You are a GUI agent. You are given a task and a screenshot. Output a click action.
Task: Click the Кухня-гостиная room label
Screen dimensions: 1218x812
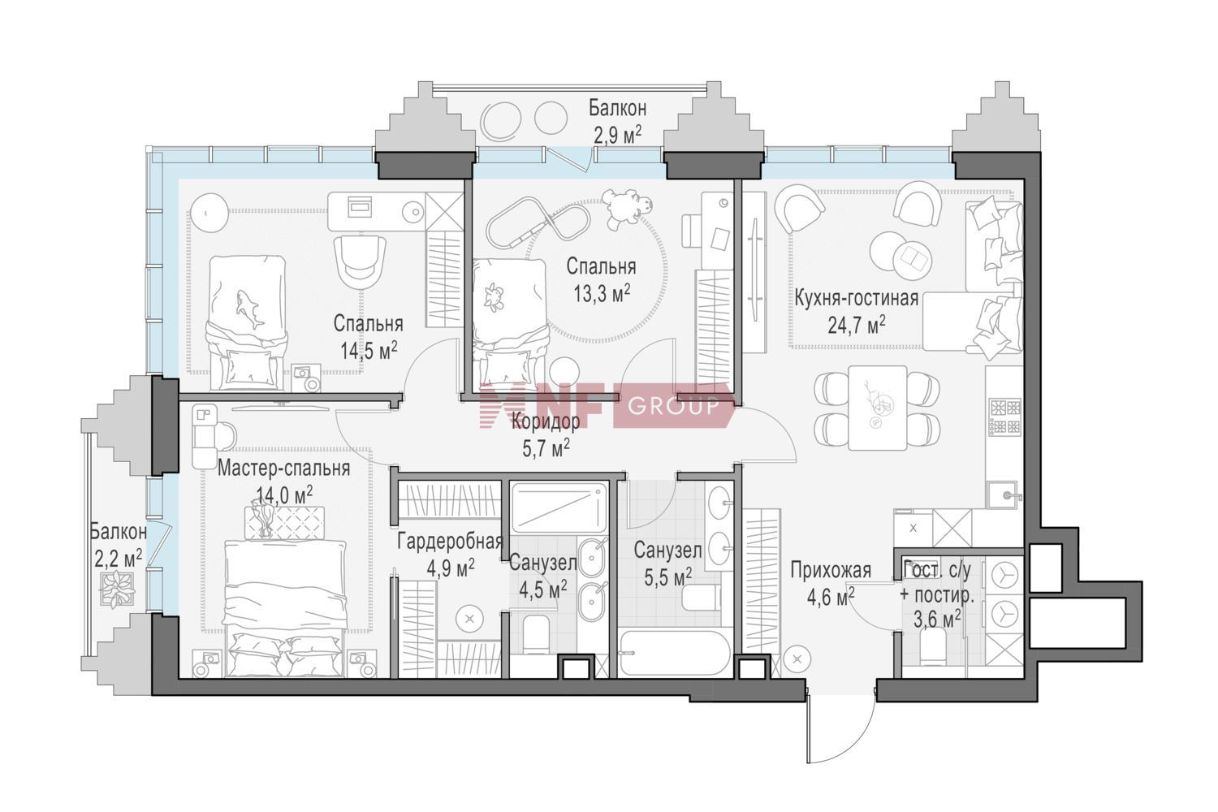coord(857,299)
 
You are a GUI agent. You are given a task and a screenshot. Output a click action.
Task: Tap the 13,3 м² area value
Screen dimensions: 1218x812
coord(602,294)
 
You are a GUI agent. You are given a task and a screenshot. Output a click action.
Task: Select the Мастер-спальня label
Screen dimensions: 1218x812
coord(283,469)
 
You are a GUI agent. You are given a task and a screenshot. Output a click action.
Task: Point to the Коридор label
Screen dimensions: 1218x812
coord(546,421)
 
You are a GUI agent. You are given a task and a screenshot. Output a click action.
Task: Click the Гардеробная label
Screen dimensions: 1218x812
coord(450,542)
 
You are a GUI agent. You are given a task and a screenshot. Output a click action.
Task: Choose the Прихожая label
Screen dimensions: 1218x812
coord(831,571)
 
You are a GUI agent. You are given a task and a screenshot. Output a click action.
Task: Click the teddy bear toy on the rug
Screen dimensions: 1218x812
coord(629,209)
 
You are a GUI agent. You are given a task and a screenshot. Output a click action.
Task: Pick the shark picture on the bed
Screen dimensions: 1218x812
coord(250,309)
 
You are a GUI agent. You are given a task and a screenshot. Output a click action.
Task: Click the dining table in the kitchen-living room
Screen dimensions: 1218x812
coord(878,408)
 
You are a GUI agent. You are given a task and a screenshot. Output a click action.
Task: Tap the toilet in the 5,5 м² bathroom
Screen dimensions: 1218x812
coord(702,597)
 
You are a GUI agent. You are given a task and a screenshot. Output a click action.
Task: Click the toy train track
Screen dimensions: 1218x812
coord(538,223)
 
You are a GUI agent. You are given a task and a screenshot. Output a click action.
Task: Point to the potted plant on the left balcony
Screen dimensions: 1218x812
coord(117,588)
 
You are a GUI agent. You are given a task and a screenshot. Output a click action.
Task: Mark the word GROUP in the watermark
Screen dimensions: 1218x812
coord(673,406)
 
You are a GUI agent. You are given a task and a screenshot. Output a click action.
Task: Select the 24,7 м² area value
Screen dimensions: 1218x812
coord(857,326)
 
